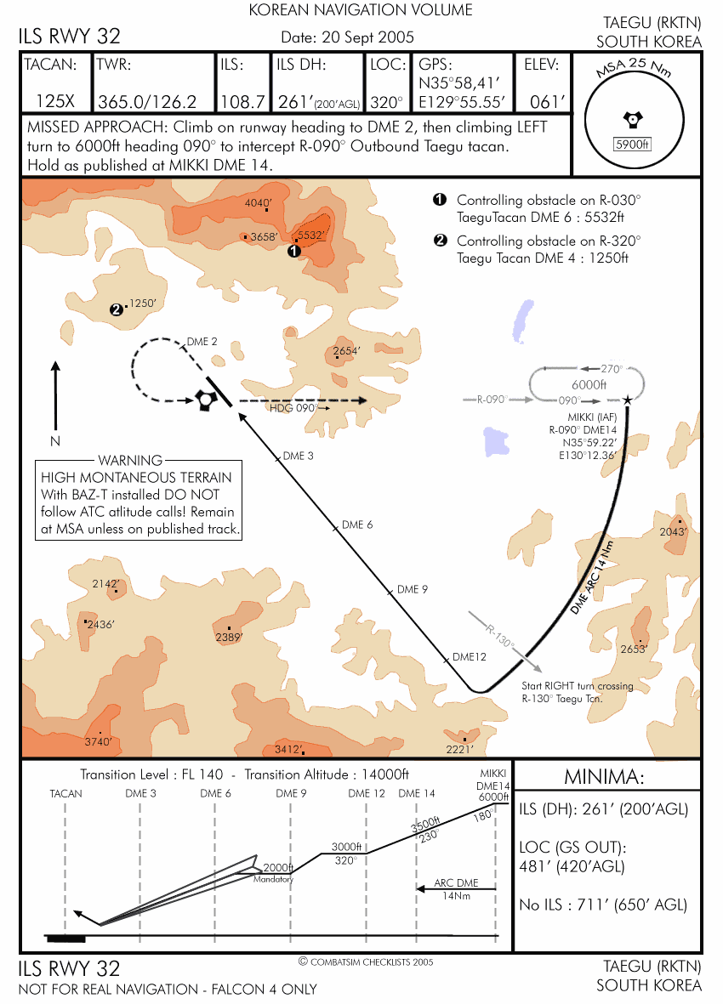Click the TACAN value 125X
coord(55,102)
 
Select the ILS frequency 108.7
coord(243,102)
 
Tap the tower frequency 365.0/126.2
coord(148,102)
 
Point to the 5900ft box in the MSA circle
coord(630,145)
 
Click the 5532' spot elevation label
coord(310,235)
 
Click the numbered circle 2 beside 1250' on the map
coord(116,309)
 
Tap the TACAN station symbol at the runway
coord(204,400)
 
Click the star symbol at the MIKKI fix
coord(628,400)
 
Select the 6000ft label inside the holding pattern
coord(589,384)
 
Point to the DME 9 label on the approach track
coord(413,589)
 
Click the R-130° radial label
coord(500,638)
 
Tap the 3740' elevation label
coord(99,741)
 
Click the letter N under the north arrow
coord(55,441)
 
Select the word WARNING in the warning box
coord(129,461)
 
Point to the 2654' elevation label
coord(347,349)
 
